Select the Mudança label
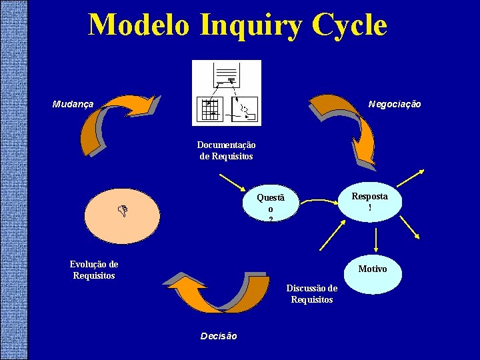point(73,104)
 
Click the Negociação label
point(395,104)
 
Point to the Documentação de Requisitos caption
point(226,151)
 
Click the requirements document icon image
point(226,93)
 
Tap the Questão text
point(271,207)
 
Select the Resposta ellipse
point(369,202)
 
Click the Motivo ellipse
point(372,269)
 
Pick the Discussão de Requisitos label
point(311,294)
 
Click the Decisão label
point(218,336)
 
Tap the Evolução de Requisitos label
point(94,270)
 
